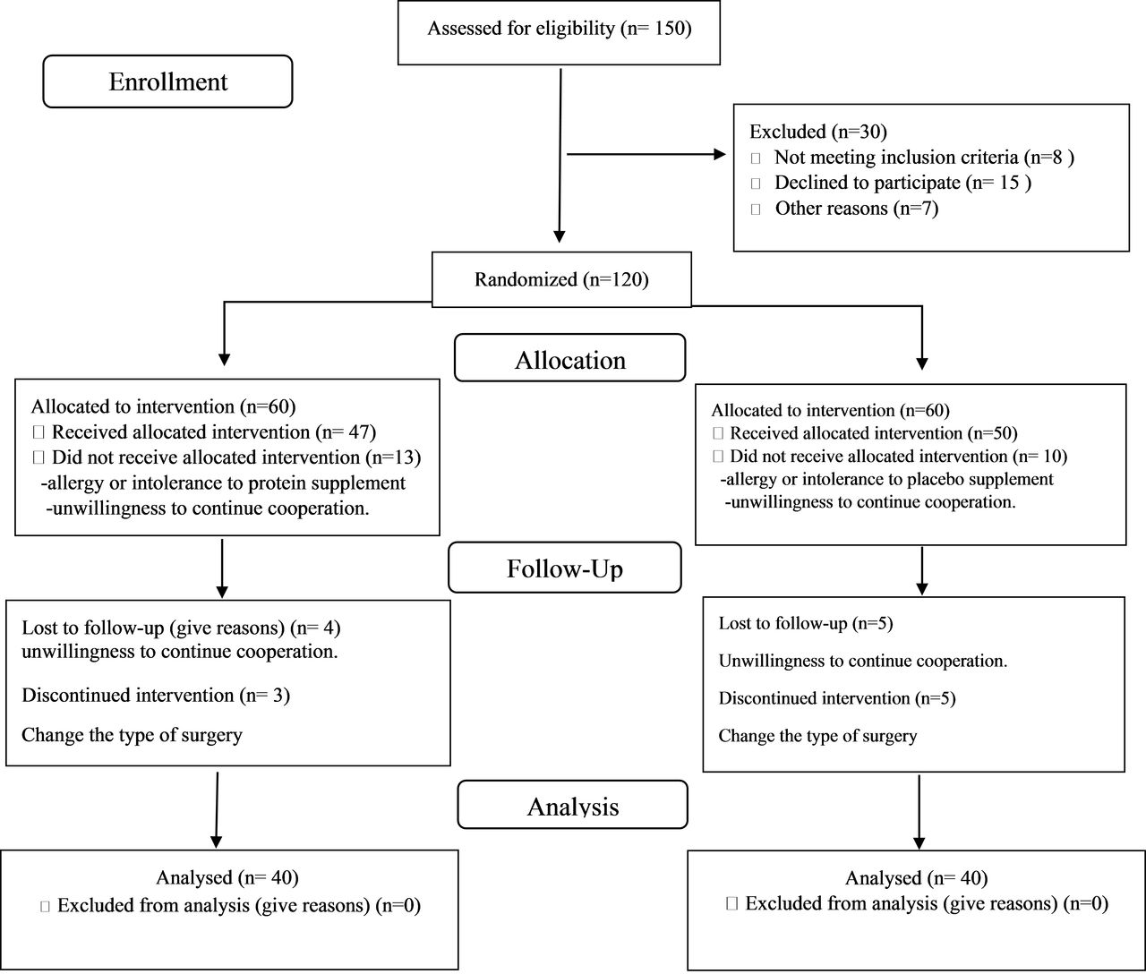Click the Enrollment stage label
pos(167,81)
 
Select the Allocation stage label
pos(570,361)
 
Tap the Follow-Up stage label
pos(564,568)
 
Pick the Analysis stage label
pos(573,807)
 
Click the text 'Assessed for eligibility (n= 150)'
pos(560,29)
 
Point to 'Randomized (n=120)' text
pos(561,279)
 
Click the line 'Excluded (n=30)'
pos(818,132)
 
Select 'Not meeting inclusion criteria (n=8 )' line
pos(924,158)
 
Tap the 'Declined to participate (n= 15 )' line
pos(902,183)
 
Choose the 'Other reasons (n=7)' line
pos(857,209)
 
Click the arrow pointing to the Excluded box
pos(646,154)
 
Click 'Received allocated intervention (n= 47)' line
pos(214,431)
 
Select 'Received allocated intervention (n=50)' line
pos(873,433)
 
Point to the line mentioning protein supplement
pos(224,483)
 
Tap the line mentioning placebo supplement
pos(886,479)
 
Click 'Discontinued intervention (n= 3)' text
pos(156,696)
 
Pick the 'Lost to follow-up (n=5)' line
pos(806,623)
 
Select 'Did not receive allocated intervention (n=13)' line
pos(236,457)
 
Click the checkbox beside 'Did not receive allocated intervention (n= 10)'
pos(718,457)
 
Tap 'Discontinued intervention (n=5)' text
pos(837,698)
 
